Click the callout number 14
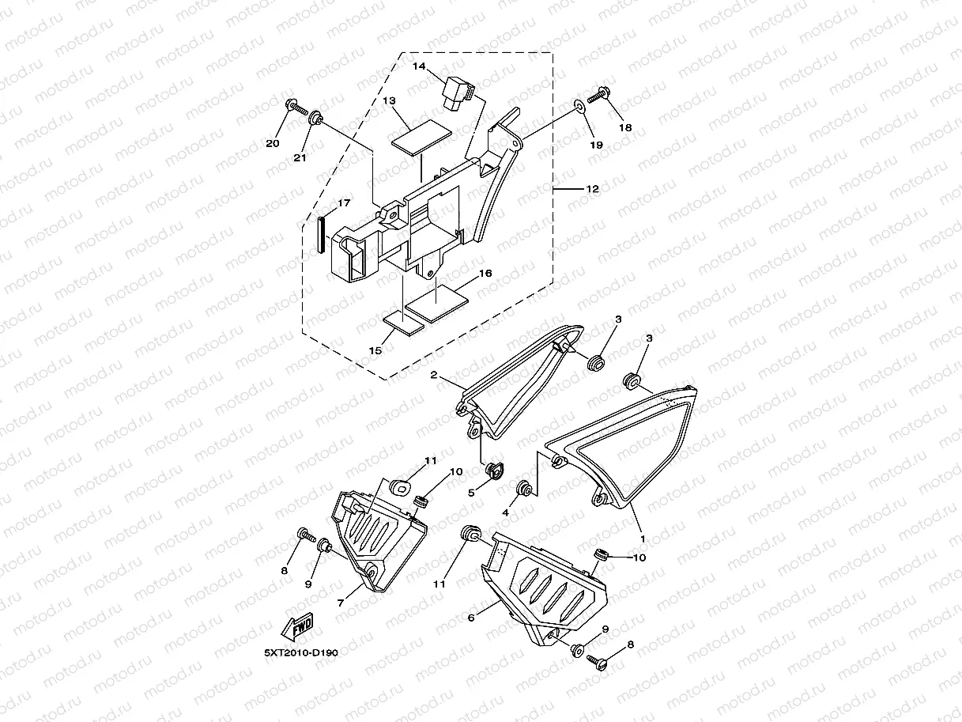(420, 67)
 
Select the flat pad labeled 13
(421, 138)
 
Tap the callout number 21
(300, 158)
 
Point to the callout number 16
(485, 273)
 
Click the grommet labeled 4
(523, 488)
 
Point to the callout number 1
(643, 539)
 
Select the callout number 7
(340, 603)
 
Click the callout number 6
(471, 618)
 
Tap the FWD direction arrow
(298, 628)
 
